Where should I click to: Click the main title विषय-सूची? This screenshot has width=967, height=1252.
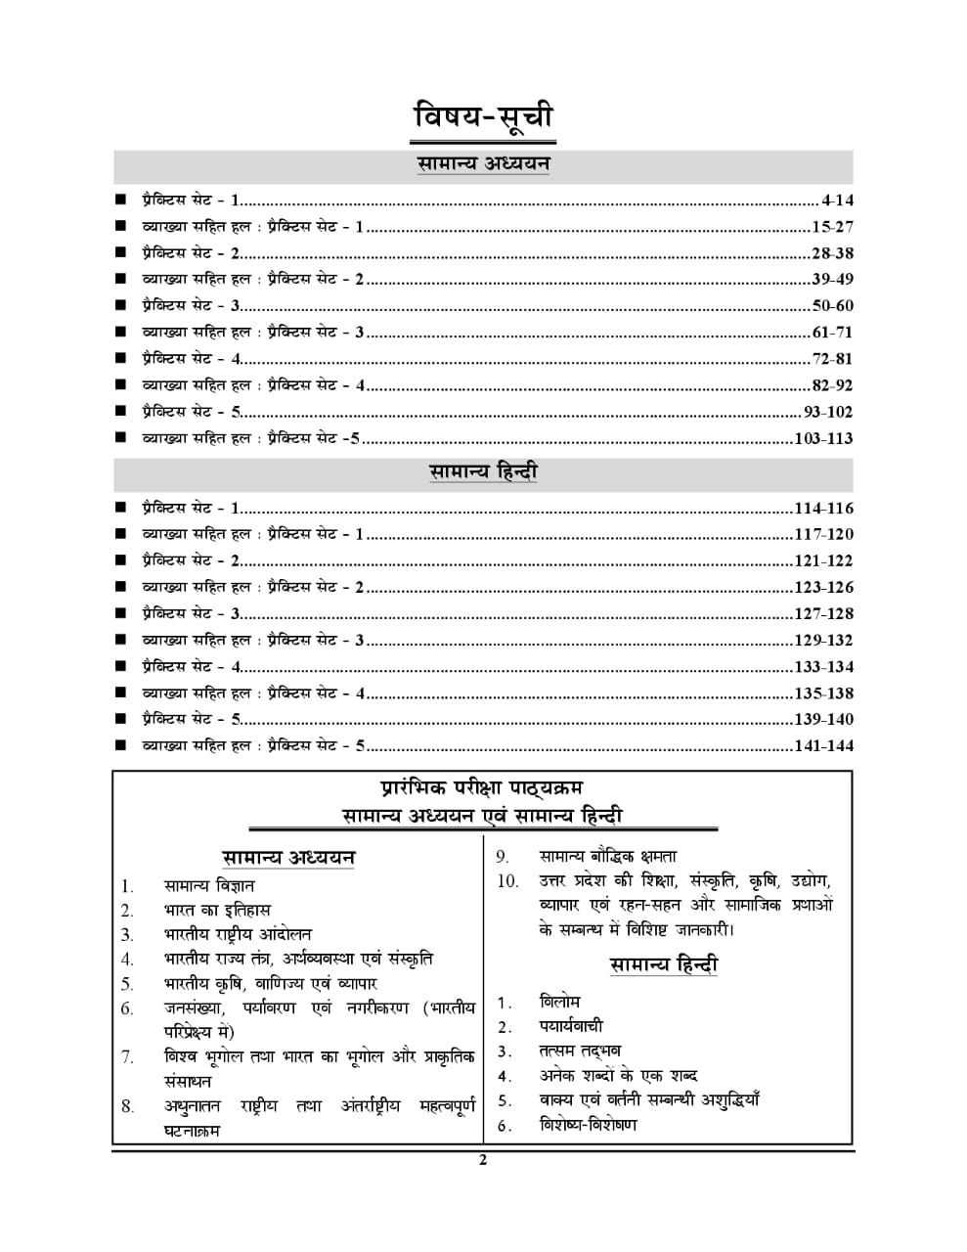(x=483, y=116)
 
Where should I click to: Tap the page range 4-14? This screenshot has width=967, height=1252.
(x=837, y=201)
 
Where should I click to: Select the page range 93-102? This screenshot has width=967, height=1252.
(x=828, y=412)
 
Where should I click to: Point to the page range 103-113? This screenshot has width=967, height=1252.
(x=823, y=438)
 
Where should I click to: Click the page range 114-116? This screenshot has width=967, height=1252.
(x=823, y=509)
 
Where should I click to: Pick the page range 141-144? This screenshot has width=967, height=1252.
(x=823, y=746)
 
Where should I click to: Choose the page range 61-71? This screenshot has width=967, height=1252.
(x=832, y=333)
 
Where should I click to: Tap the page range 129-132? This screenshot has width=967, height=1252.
(x=823, y=641)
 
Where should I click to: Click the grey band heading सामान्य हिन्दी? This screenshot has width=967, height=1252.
(x=483, y=472)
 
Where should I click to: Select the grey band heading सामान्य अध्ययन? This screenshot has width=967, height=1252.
(x=483, y=164)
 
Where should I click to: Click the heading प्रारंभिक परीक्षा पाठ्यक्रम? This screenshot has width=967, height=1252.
(x=483, y=788)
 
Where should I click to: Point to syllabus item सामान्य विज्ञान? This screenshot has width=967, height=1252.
(x=209, y=886)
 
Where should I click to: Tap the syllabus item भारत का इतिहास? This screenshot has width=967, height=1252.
(x=217, y=911)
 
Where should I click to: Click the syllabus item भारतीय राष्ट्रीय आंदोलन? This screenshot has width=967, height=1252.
(x=238, y=935)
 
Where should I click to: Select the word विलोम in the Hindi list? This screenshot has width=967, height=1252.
(x=559, y=1002)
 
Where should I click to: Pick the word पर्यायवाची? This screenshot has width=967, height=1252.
(x=571, y=1026)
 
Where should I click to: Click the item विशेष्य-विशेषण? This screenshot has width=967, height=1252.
(x=588, y=1125)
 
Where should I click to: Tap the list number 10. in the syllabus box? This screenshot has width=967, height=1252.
(x=507, y=881)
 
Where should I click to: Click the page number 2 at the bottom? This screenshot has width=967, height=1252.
(x=482, y=1161)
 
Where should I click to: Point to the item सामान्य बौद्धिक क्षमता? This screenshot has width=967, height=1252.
(x=607, y=857)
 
